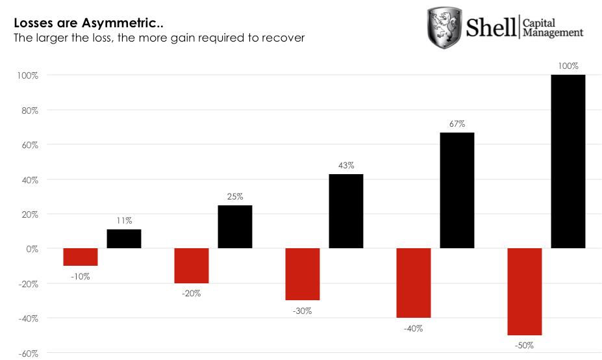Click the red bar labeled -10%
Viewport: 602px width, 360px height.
(81, 257)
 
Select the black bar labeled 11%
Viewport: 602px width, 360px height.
(124, 238)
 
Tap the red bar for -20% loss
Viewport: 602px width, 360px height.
(192, 266)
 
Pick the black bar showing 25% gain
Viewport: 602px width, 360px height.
(235, 227)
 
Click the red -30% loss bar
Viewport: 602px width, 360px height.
(303, 274)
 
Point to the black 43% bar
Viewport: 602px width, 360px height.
(346, 211)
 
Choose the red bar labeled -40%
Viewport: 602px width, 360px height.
(414, 283)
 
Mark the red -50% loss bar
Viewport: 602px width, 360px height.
(525, 292)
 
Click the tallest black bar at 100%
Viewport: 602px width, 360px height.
(568, 161)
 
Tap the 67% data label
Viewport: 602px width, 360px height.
(457, 123)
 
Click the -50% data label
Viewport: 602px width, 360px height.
(525, 346)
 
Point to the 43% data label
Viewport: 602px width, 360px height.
(346, 166)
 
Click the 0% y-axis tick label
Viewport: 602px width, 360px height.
(31, 249)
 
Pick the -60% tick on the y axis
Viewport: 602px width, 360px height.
(27, 354)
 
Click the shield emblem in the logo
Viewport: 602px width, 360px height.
(444, 28)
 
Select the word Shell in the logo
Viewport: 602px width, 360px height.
(492, 27)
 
